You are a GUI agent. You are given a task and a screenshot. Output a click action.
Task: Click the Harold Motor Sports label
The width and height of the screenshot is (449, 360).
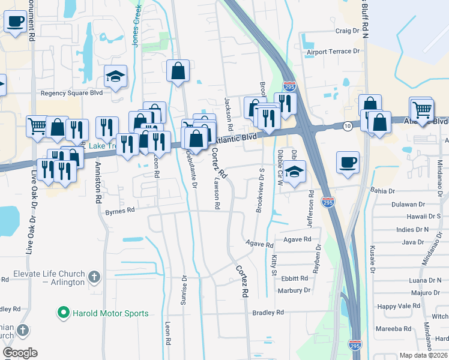pos(110,313)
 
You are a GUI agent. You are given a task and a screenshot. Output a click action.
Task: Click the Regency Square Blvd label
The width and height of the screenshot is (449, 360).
pos(71,93)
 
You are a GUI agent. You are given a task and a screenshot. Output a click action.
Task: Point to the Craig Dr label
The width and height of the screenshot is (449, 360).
pos(347,31)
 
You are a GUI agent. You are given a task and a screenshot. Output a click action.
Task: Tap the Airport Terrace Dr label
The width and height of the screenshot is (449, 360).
pos(333,52)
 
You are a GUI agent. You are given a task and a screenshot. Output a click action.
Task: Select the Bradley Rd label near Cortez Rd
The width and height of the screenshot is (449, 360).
pos(268,313)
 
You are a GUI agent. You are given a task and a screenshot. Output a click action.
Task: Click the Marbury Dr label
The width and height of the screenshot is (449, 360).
pos(294,290)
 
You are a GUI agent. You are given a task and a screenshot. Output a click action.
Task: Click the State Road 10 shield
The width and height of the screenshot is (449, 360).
pos(348,126)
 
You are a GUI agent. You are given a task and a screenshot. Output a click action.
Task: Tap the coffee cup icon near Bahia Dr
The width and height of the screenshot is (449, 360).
pos(349,162)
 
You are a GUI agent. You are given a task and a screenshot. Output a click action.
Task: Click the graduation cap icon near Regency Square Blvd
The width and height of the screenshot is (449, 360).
pos(115,76)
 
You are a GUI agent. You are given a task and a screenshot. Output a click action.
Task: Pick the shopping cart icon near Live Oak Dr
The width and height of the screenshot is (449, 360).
pos(37,126)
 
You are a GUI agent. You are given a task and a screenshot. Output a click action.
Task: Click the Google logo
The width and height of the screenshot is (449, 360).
pos(20,353)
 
